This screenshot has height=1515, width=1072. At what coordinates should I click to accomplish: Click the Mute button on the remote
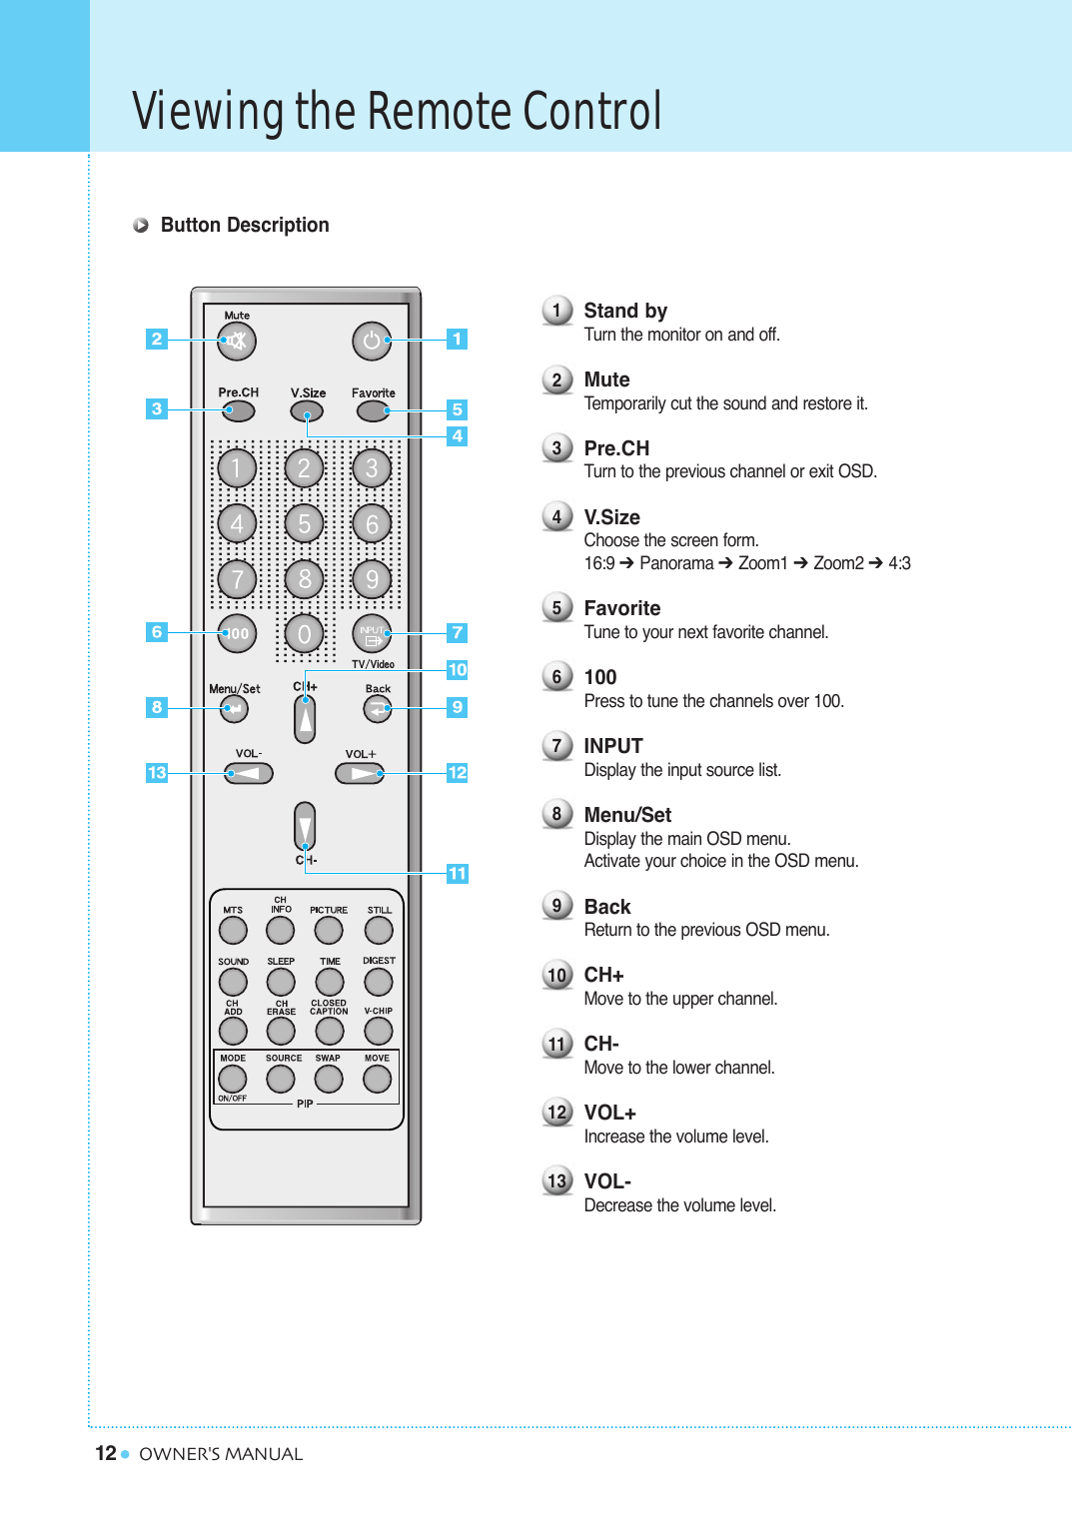click(x=237, y=342)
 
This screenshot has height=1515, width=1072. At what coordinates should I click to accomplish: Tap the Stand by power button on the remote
click(x=372, y=342)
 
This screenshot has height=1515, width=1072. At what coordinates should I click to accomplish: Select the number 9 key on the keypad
click(x=372, y=579)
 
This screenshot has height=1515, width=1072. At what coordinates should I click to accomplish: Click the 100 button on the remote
click(x=237, y=633)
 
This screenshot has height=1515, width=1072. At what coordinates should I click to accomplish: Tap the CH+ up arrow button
click(x=305, y=717)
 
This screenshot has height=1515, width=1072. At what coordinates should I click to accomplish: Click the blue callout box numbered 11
click(x=457, y=873)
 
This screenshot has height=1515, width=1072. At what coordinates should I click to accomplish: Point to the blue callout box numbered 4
click(x=457, y=435)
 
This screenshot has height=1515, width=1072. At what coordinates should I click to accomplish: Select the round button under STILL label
click(x=379, y=931)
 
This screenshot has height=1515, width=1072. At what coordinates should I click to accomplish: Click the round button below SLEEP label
click(x=281, y=982)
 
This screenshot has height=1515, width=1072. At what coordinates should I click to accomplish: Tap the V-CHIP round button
click(x=379, y=1030)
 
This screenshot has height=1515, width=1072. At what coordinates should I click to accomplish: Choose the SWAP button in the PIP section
click(x=329, y=1079)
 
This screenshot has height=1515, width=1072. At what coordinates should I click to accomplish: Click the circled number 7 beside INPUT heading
click(x=556, y=746)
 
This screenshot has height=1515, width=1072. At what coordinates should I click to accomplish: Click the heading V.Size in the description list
click(x=611, y=517)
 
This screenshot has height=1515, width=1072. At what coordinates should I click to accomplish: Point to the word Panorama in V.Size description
click(x=676, y=563)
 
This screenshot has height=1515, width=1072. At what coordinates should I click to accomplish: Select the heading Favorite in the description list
click(x=621, y=608)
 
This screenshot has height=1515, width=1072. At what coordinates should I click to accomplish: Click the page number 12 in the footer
click(x=106, y=1453)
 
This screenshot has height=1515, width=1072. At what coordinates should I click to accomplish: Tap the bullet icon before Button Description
click(x=141, y=226)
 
